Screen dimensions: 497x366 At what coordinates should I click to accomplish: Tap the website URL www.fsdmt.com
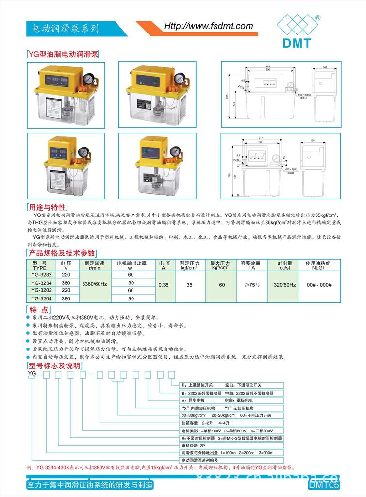click(208, 26)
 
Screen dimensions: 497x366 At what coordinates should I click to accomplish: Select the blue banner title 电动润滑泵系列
click(65, 29)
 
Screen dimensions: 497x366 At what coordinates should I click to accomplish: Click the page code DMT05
click(324, 485)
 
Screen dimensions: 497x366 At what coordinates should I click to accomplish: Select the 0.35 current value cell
click(164, 285)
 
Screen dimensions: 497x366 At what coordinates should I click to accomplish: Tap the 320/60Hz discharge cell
click(284, 285)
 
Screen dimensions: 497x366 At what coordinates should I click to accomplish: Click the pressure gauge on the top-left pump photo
click(88, 79)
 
